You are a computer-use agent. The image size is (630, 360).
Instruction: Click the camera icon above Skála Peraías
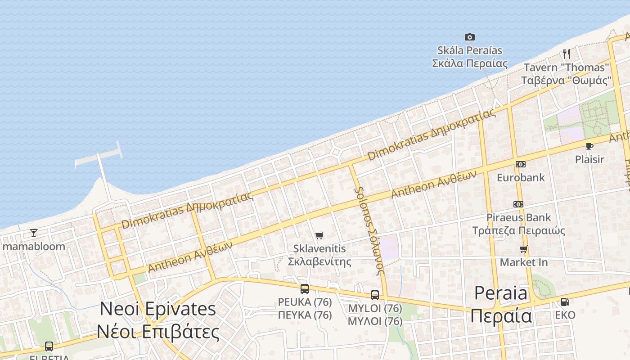(x=469, y=37)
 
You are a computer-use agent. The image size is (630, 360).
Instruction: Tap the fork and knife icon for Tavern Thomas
(x=567, y=54)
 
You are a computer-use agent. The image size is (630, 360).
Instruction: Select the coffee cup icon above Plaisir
(x=589, y=146)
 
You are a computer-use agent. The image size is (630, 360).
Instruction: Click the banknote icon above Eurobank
(x=521, y=164)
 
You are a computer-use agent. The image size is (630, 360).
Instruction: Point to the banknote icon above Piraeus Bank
(x=518, y=204)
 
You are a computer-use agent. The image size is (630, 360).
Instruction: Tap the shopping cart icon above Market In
(x=523, y=249)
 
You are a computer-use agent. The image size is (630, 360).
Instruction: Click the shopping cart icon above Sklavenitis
(x=319, y=235)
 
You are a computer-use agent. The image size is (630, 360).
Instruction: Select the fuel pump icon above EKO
(x=565, y=302)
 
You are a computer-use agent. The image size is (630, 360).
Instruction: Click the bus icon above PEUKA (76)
(x=305, y=289)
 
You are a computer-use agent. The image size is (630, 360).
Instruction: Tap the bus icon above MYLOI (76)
(x=375, y=295)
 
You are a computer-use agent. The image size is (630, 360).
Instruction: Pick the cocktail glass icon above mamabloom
(x=34, y=233)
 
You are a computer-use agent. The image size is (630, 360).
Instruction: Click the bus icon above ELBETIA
(x=49, y=346)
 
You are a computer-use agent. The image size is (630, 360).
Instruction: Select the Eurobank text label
(x=521, y=177)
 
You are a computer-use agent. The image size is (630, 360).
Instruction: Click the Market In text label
(x=524, y=262)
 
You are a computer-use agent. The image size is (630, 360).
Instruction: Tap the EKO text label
(x=565, y=315)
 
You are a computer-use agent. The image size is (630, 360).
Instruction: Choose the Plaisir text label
(x=589, y=159)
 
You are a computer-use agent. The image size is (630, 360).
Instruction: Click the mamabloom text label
(x=34, y=246)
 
